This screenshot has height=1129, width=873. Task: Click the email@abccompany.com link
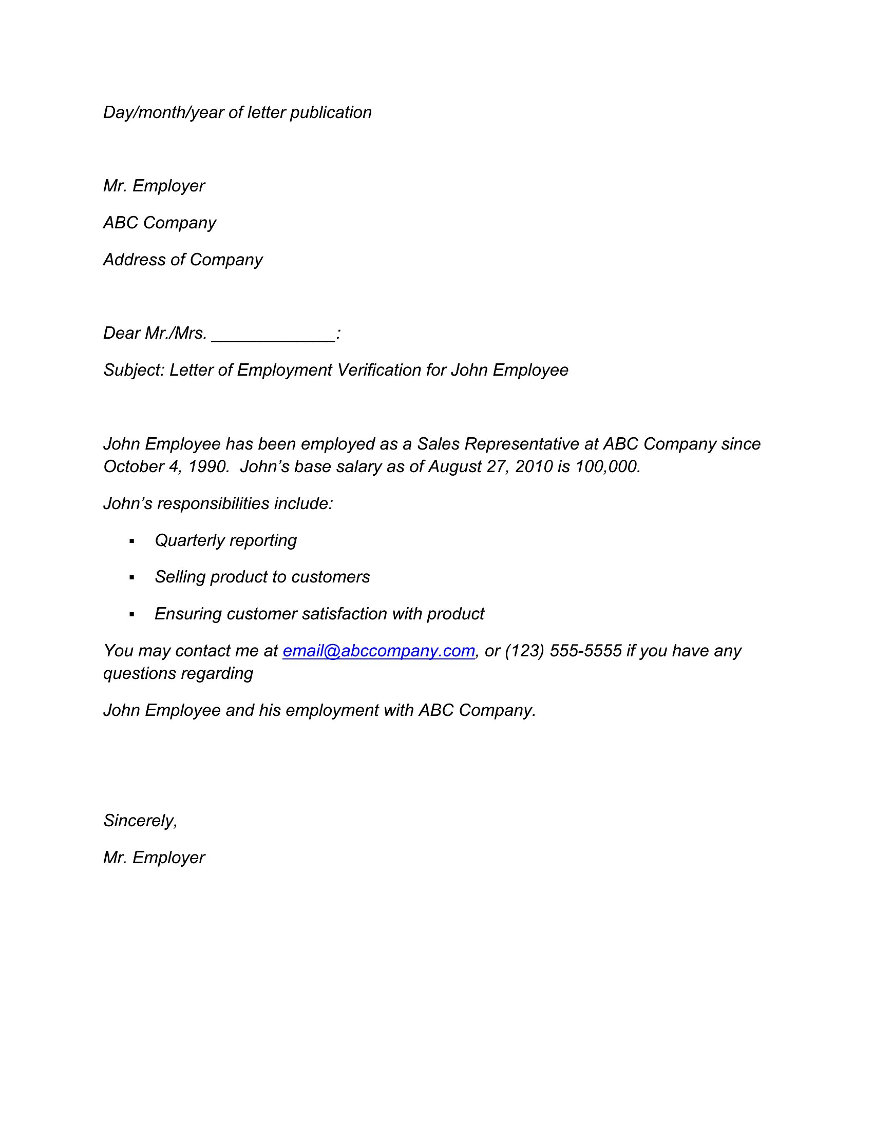tap(378, 651)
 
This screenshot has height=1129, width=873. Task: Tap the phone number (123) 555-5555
tap(563, 651)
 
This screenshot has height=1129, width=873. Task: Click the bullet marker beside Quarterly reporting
tap(132, 541)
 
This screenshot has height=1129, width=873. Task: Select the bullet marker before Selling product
tap(132, 578)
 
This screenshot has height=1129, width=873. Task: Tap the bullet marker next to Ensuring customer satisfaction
tap(132, 615)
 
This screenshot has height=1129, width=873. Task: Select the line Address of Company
tap(183, 260)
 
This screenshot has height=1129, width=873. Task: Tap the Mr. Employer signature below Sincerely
tap(154, 858)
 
